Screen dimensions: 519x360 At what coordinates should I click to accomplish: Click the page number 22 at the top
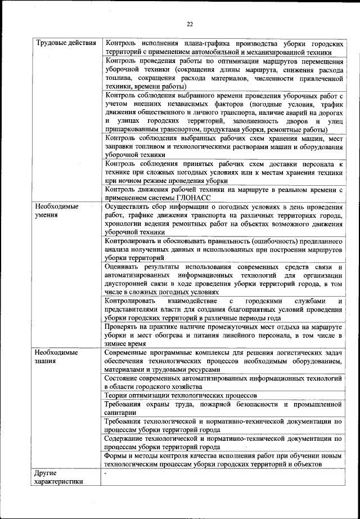tap(190, 24)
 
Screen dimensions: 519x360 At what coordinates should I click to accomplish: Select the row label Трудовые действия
tap(62, 43)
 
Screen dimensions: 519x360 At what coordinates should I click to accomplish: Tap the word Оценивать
tap(123, 266)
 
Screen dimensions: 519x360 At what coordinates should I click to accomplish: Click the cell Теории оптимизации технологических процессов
tap(181, 396)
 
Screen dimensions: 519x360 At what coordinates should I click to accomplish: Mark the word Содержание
tap(126, 438)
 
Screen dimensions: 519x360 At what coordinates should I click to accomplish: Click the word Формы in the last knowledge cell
tap(117, 455)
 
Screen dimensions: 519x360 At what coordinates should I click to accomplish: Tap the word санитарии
tap(120, 413)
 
